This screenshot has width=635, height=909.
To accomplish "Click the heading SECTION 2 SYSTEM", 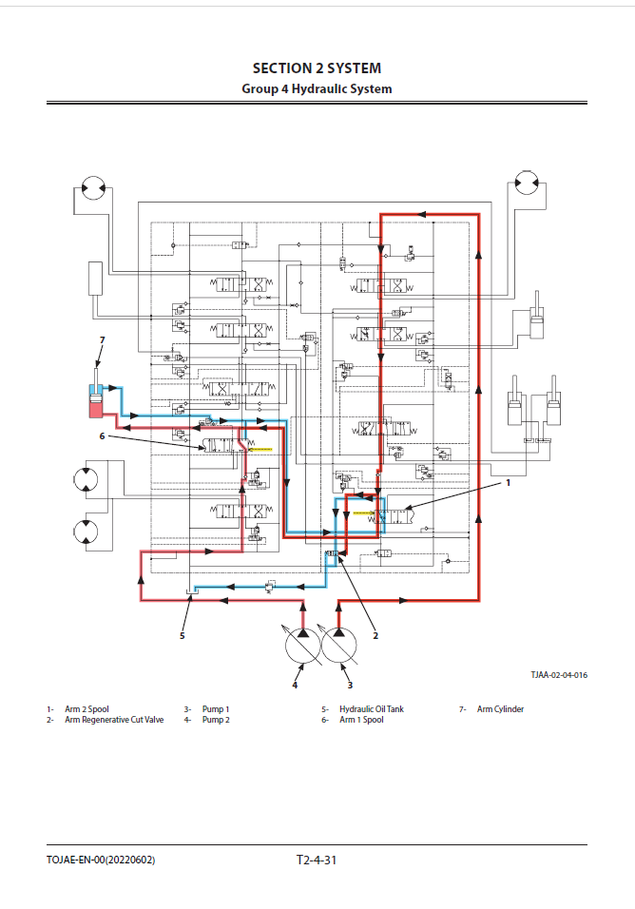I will click(x=317, y=68).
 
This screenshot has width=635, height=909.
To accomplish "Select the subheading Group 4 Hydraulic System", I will click(x=317, y=88).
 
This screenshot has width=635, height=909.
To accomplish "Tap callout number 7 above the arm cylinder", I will click(x=102, y=339).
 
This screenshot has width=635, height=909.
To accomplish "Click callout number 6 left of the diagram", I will click(x=102, y=435).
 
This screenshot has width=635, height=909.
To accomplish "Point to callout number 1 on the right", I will click(x=508, y=483).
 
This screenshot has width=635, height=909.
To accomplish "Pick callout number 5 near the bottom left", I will click(x=183, y=635).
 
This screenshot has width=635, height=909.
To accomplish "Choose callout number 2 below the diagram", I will click(x=375, y=635).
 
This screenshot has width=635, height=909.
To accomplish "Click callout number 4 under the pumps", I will click(x=295, y=685).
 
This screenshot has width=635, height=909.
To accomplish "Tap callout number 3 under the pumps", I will click(x=350, y=685).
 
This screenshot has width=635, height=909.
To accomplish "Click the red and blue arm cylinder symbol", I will click(x=95, y=399).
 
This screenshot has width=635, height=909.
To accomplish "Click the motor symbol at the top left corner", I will click(x=93, y=190).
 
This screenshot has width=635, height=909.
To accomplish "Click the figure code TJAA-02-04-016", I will click(x=558, y=675).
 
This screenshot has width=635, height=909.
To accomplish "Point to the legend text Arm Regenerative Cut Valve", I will click(x=114, y=720).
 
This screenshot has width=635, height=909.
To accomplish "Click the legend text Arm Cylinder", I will click(x=500, y=708).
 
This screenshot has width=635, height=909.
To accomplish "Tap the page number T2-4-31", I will click(x=317, y=860).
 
